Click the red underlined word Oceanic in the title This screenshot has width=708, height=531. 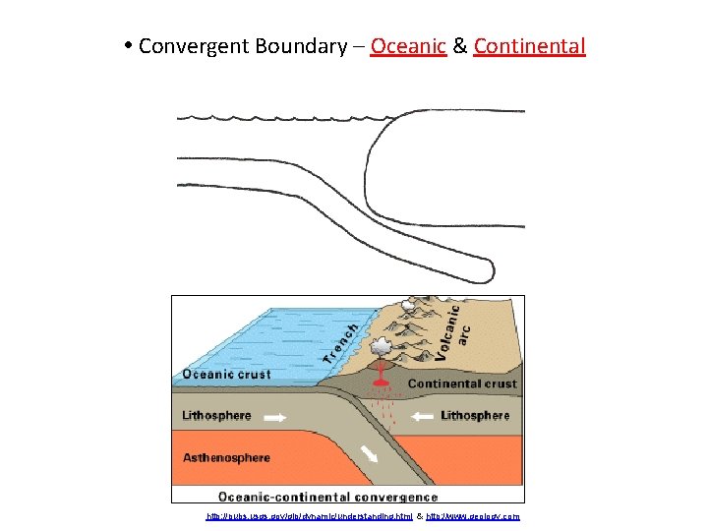409,46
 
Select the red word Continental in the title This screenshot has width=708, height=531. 529,46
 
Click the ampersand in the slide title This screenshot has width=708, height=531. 460,46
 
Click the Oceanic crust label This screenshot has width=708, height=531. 225,374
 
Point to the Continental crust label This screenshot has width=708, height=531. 462,383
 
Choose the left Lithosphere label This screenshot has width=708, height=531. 216,416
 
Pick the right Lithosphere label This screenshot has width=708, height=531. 475,416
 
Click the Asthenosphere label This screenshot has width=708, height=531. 226,457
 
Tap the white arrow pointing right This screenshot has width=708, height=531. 275,417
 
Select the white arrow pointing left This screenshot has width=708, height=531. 422,417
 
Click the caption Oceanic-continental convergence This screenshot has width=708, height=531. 328,497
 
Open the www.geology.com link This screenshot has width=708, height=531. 474,516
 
